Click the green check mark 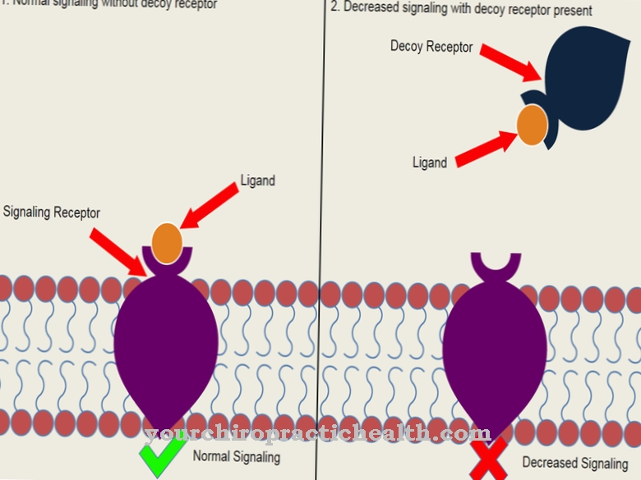pos(162,459)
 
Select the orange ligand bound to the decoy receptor pos(532,125)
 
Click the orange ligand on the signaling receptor pos(167,243)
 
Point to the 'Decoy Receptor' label pos(431,47)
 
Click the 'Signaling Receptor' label pos(52,213)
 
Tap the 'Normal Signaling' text pos(237,457)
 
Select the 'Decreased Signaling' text pos(575,464)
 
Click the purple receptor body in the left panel pos(166,345)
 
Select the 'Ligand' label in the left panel pos(257,181)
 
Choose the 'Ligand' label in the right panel pos(430,162)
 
